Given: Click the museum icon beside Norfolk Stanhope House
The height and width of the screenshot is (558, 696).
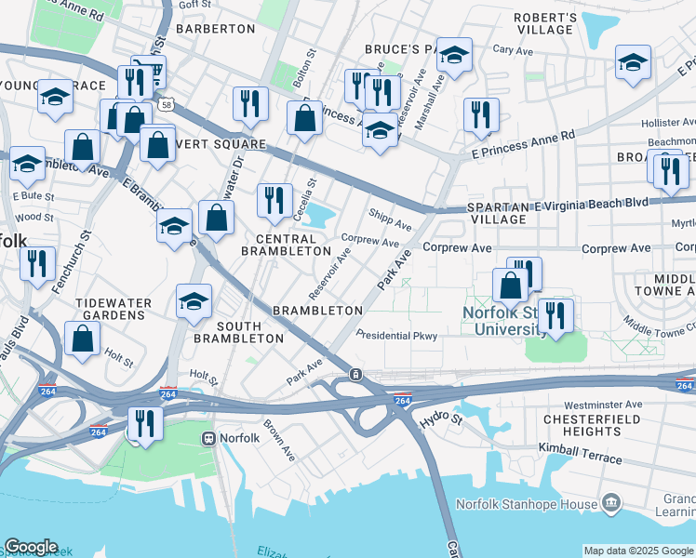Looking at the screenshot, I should [x=612, y=504].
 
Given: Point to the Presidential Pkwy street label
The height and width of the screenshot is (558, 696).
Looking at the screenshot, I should [x=396, y=336].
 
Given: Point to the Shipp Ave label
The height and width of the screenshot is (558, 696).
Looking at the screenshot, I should [x=389, y=220].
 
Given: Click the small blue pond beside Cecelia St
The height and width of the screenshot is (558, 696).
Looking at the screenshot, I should [x=319, y=217].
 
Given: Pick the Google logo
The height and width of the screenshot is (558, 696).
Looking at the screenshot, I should [x=31, y=547].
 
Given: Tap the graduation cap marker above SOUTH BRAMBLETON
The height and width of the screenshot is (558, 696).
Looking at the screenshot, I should [x=195, y=300].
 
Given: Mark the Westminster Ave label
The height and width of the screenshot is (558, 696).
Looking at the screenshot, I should [x=603, y=405].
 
